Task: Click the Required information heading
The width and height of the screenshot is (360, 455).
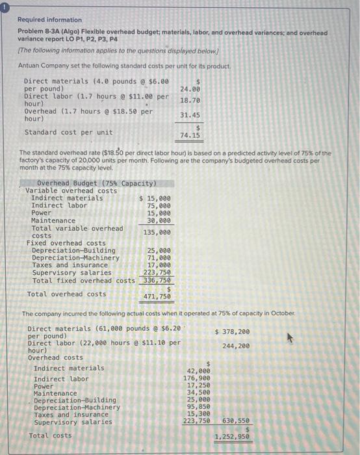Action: pos(50,20)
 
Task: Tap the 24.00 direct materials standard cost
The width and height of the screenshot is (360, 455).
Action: pos(190,88)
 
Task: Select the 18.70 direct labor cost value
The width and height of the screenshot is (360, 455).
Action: pos(190,101)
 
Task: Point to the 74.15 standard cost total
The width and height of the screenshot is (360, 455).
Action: pos(190,136)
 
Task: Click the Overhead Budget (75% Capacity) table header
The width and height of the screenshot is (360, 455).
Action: pos(96,183)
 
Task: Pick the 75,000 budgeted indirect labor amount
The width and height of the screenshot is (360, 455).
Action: pos(159,205)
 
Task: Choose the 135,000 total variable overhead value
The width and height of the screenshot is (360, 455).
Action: pos(157,232)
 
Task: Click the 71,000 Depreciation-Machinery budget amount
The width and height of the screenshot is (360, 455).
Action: pos(159,257)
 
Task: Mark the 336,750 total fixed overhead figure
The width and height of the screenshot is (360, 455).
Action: pos(157,281)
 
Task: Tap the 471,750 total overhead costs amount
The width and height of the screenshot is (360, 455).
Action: pos(157,296)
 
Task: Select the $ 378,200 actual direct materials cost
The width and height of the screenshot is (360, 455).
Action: pos(232,331)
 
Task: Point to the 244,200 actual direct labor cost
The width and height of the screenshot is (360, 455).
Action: pos(235,346)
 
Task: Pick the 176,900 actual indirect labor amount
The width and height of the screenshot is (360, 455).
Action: pos(196,378)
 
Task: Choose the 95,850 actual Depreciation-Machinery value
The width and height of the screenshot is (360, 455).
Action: pos(198,407)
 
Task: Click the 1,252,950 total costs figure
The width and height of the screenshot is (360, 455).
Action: pos(232,437)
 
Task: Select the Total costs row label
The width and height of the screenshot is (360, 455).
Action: pos(51,435)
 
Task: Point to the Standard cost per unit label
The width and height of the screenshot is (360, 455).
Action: pos(68,132)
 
